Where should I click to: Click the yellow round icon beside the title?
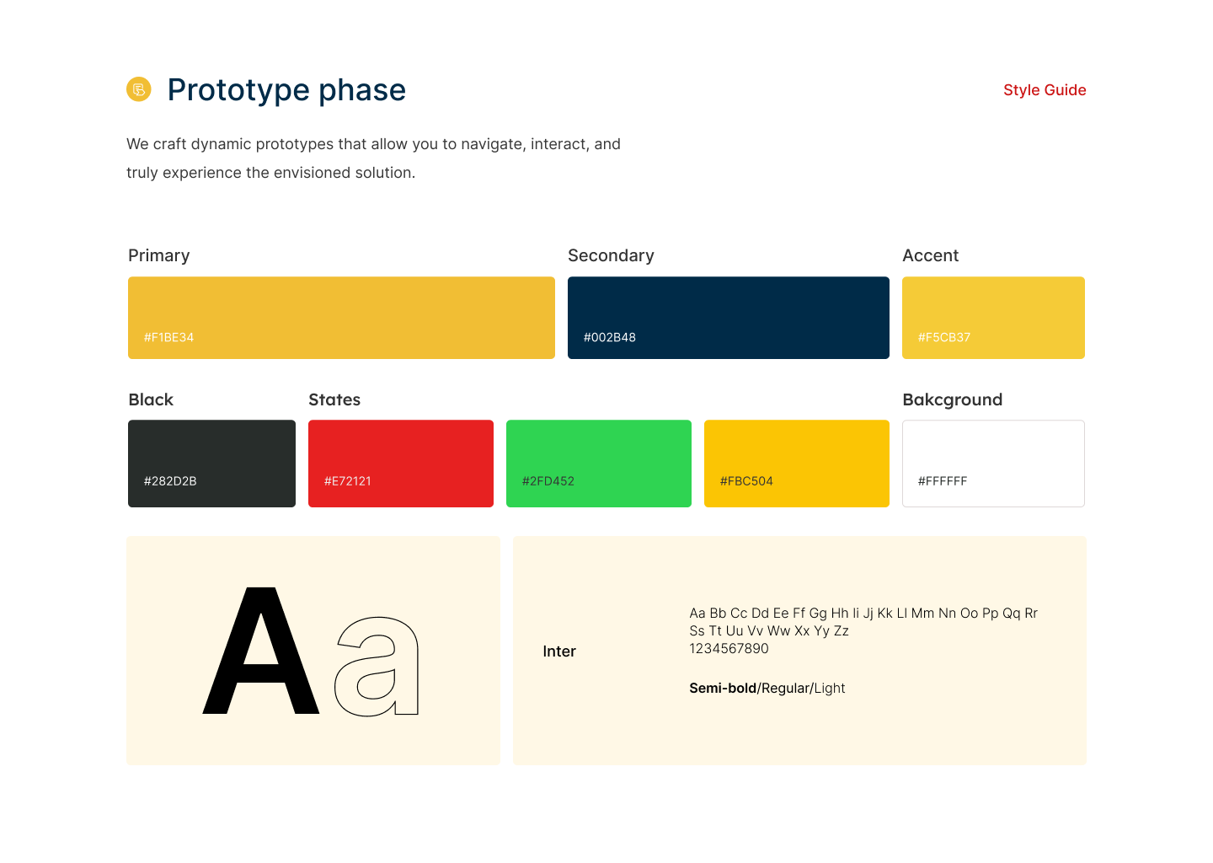point(139,88)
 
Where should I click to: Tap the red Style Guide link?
point(1044,90)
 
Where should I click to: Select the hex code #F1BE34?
point(168,337)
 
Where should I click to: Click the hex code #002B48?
point(609,337)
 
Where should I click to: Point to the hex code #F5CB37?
point(943,337)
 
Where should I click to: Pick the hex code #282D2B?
point(170,480)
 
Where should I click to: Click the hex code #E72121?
point(347,480)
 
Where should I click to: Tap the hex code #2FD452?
point(548,480)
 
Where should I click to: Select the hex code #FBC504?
point(746,480)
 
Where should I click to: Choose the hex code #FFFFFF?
point(943,480)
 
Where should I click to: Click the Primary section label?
point(158,255)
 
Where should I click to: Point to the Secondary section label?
point(611,255)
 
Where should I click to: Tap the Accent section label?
point(930,255)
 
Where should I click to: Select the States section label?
point(334,399)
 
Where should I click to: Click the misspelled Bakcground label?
point(953,399)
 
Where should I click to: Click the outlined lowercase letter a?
point(405,667)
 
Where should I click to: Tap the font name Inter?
point(558,651)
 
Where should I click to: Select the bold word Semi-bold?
point(723,688)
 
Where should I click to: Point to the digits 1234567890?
point(729,648)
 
